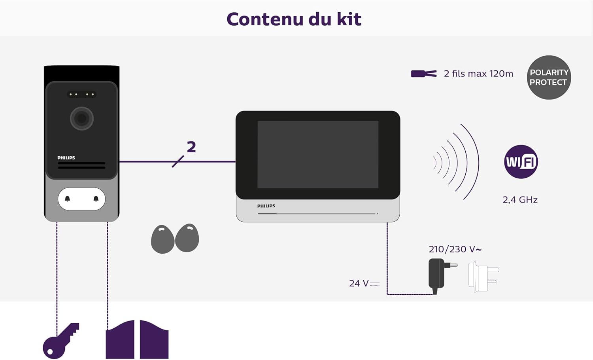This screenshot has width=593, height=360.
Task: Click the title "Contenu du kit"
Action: [x=294, y=19]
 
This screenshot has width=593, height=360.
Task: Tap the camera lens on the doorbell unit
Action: [x=82, y=118]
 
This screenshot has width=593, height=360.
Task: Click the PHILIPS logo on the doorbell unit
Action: [x=66, y=158]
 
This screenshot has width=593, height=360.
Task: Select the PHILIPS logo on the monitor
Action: [x=266, y=206]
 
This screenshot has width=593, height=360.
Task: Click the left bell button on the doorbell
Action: [x=68, y=199]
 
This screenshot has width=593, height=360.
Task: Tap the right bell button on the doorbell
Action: [x=96, y=199]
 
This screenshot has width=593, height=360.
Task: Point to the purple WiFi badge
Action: [x=521, y=161]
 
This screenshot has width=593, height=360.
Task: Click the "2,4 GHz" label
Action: [x=520, y=200]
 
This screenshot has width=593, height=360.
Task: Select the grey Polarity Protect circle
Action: [x=549, y=78]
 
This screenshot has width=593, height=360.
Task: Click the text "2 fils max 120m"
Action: [x=478, y=74]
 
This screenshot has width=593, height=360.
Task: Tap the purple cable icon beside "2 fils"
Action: [x=424, y=74]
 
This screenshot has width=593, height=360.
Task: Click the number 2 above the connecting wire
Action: [x=191, y=147]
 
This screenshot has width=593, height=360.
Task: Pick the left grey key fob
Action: [x=162, y=239]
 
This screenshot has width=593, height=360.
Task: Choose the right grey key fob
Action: [x=187, y=238]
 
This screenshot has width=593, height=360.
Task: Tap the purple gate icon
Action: [x=137, y=339]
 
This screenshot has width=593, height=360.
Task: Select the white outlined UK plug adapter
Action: [x=483, y=277]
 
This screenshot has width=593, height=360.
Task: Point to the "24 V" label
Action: [x=364, y=283]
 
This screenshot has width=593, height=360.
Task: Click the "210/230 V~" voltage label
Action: [x=455, y=249]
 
